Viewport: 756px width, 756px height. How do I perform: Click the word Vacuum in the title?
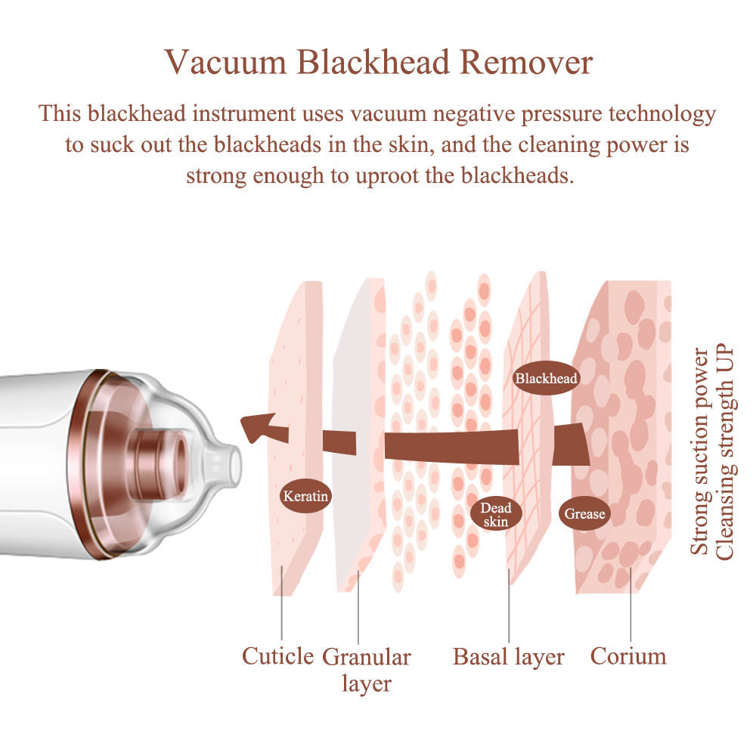point(225,62)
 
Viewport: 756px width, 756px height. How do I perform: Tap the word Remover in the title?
point(526,62)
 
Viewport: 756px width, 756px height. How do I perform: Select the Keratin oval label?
point(305,496)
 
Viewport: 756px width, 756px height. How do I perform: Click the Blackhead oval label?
point(546,378)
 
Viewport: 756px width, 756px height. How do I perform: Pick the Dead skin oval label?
point(496,514)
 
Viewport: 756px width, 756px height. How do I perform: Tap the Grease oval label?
point(584,513)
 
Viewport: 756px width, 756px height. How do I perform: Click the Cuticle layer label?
point(277,656)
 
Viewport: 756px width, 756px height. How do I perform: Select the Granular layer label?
point(367,670)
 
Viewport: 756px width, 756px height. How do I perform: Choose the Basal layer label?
point(509,657)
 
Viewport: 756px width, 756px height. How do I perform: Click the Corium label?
point(628,656)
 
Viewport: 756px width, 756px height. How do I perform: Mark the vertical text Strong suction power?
point(699,451)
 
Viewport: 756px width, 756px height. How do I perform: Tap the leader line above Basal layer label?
point(509,606)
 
